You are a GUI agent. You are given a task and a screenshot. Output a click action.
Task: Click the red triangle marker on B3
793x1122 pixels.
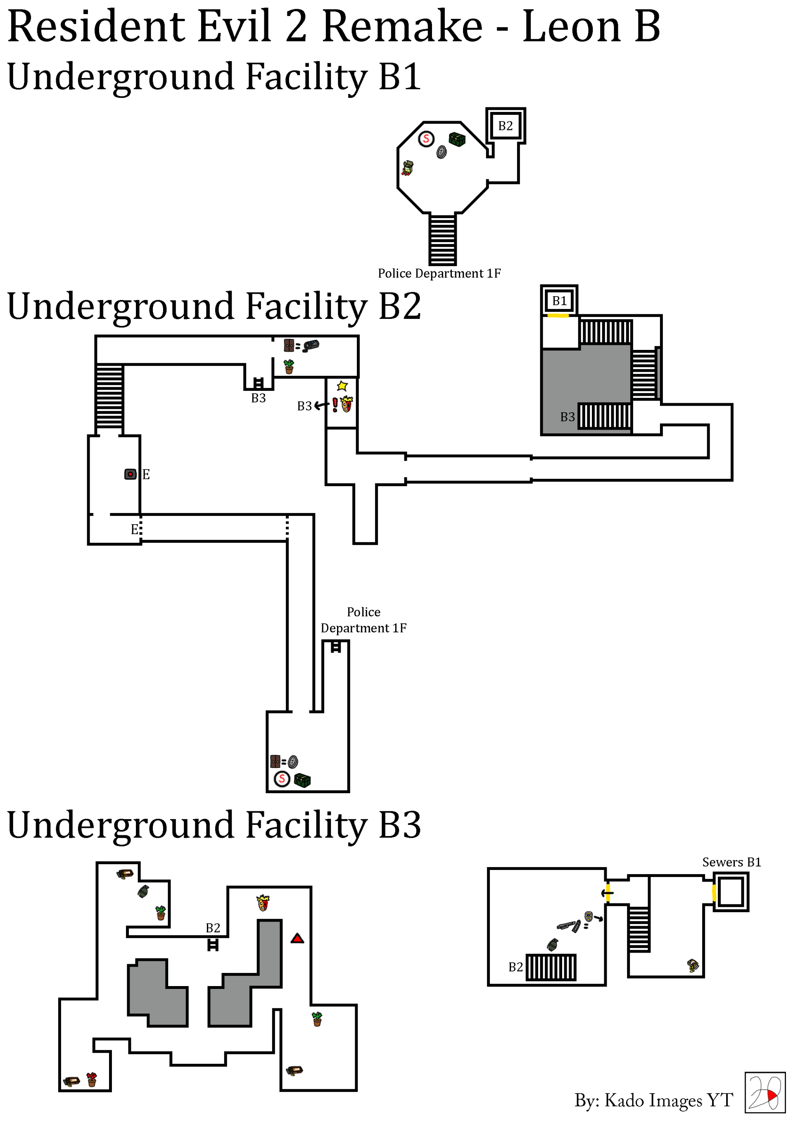click(x=297, y=938)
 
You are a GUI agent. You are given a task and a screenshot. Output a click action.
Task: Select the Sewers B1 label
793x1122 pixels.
click(x=731, y=862)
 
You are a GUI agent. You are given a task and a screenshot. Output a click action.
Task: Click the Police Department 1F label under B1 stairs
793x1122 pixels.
click(x=439, y=273)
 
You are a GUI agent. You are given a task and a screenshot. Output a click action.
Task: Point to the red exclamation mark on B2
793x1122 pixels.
click(x=335, y=404)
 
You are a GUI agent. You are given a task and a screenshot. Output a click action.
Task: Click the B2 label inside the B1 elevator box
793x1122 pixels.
click(x=505, y=126)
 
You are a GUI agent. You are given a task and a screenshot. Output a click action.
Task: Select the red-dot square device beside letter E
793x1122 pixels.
click(x=130, y=474)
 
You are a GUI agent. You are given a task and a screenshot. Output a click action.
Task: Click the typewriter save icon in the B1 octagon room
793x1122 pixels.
click(x=426, y=139)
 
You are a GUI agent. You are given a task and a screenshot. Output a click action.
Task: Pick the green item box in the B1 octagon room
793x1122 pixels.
click(x=457, y=140)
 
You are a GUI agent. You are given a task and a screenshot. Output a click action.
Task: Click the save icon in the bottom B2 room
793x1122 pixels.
click(x=282, y=778)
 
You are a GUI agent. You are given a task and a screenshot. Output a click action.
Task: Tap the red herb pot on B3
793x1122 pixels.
click(x=92, y=1079)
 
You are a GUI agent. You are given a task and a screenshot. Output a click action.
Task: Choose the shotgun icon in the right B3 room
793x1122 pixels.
click(x=569, y=925)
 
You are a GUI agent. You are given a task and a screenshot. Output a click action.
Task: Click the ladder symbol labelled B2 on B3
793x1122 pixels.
click(x=213, y=945)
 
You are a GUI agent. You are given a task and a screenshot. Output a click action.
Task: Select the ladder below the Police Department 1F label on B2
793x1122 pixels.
click(x=336, y=647)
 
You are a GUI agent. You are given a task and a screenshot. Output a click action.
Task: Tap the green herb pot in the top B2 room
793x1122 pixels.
click(x=289, y=366)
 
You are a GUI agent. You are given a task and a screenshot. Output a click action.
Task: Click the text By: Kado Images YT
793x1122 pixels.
click(x=653, y=1100)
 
